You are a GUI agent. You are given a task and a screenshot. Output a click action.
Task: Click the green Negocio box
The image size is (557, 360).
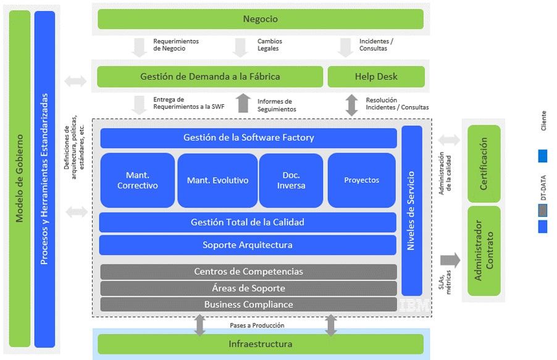(260, 19)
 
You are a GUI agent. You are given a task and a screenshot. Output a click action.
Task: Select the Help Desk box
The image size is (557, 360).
(376, 77)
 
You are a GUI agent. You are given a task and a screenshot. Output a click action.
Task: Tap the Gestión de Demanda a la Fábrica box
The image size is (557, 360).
(210, 77)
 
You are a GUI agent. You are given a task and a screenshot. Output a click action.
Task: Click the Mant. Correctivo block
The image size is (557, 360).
(137, 180)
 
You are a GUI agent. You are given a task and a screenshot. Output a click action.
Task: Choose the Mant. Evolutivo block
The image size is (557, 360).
(217, 180)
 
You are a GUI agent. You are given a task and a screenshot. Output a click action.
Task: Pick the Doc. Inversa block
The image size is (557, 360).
(291, 180)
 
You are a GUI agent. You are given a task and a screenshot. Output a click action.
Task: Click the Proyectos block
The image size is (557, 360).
(361, 180)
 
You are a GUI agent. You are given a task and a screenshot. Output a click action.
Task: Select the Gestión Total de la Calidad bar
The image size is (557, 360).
(247, 222)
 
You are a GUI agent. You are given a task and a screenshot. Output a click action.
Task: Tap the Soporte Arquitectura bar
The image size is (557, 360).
(247, 245)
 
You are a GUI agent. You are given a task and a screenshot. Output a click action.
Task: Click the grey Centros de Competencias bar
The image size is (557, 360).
(248, 272)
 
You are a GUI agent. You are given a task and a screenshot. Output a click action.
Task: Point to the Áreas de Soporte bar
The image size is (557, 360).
(248, 288)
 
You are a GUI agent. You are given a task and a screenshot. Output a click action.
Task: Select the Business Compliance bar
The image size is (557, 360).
(248, 304)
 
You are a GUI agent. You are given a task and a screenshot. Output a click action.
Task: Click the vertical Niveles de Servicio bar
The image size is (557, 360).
(411, 210)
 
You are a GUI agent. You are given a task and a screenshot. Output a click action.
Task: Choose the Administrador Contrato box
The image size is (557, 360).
(484, 251)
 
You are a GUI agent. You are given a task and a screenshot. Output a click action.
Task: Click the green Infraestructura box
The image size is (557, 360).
(260, 344)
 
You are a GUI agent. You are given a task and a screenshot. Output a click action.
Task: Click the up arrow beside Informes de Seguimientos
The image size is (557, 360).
(244, 103)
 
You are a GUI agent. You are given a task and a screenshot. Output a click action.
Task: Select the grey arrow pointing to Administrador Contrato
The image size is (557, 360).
(450, 260)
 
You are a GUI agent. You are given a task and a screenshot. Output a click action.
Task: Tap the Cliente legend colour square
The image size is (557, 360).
(543, 156)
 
